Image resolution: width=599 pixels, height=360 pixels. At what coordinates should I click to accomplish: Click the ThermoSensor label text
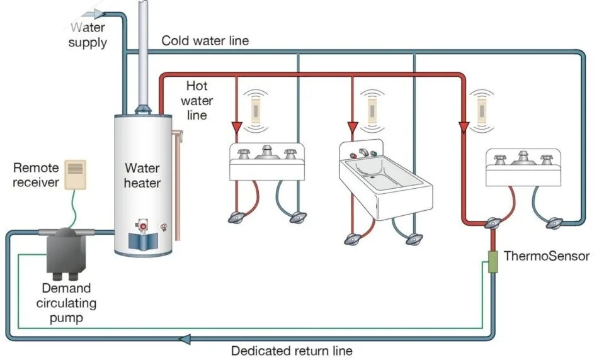click(546, 256)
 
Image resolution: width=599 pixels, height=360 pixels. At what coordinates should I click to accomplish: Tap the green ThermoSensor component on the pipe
click(493, 262)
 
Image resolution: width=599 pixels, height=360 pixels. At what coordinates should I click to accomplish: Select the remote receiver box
click(75, 174)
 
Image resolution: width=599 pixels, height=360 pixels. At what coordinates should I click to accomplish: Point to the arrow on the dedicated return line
click(185, 339)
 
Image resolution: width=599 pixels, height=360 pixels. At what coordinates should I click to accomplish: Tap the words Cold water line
click(205, 40)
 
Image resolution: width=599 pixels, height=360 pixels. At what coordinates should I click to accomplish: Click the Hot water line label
click(197, 101)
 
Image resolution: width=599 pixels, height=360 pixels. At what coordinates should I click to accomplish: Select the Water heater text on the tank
click(142, 175)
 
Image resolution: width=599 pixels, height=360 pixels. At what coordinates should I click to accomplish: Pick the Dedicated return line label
click(292, 351)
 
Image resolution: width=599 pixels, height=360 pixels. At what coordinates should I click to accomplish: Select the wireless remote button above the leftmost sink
click(256, 111)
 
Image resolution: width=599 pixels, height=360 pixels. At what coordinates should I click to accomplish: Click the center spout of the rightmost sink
click(523, 159)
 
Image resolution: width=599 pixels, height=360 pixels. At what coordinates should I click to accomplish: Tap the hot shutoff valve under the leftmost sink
click(236, 217)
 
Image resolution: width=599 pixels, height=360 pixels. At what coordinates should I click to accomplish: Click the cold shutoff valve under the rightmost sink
click(554, 223)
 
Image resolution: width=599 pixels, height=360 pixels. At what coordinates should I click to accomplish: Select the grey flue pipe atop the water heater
click(143, 57)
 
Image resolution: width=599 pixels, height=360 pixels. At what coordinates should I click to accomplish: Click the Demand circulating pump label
click(66, 303)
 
